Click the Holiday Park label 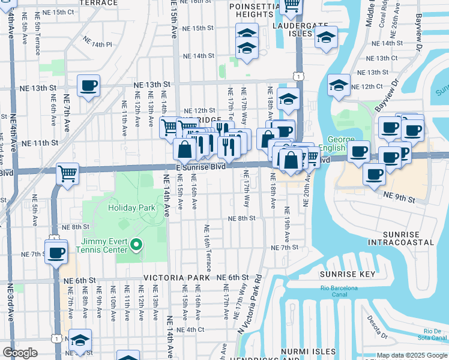pyautogui.click(x=131, y=208)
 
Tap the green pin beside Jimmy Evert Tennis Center pyautogui.click(x=136, y=244)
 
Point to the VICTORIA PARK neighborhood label pyautogui.click(x=176, y=278)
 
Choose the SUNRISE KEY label pyautogui.click(x=348, y=274)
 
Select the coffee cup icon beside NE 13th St pyautogui.click(x=88, y=85)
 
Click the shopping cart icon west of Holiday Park pyautogui.click(x=68, y=174)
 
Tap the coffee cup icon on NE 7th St pyautogui.click(x=56, y=252)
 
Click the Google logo pyautogui.click(x=20, y=353)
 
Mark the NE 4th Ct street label pyautogui.click(x=191, y=329)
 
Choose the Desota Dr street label pyautogui.click(x=376, y=327)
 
